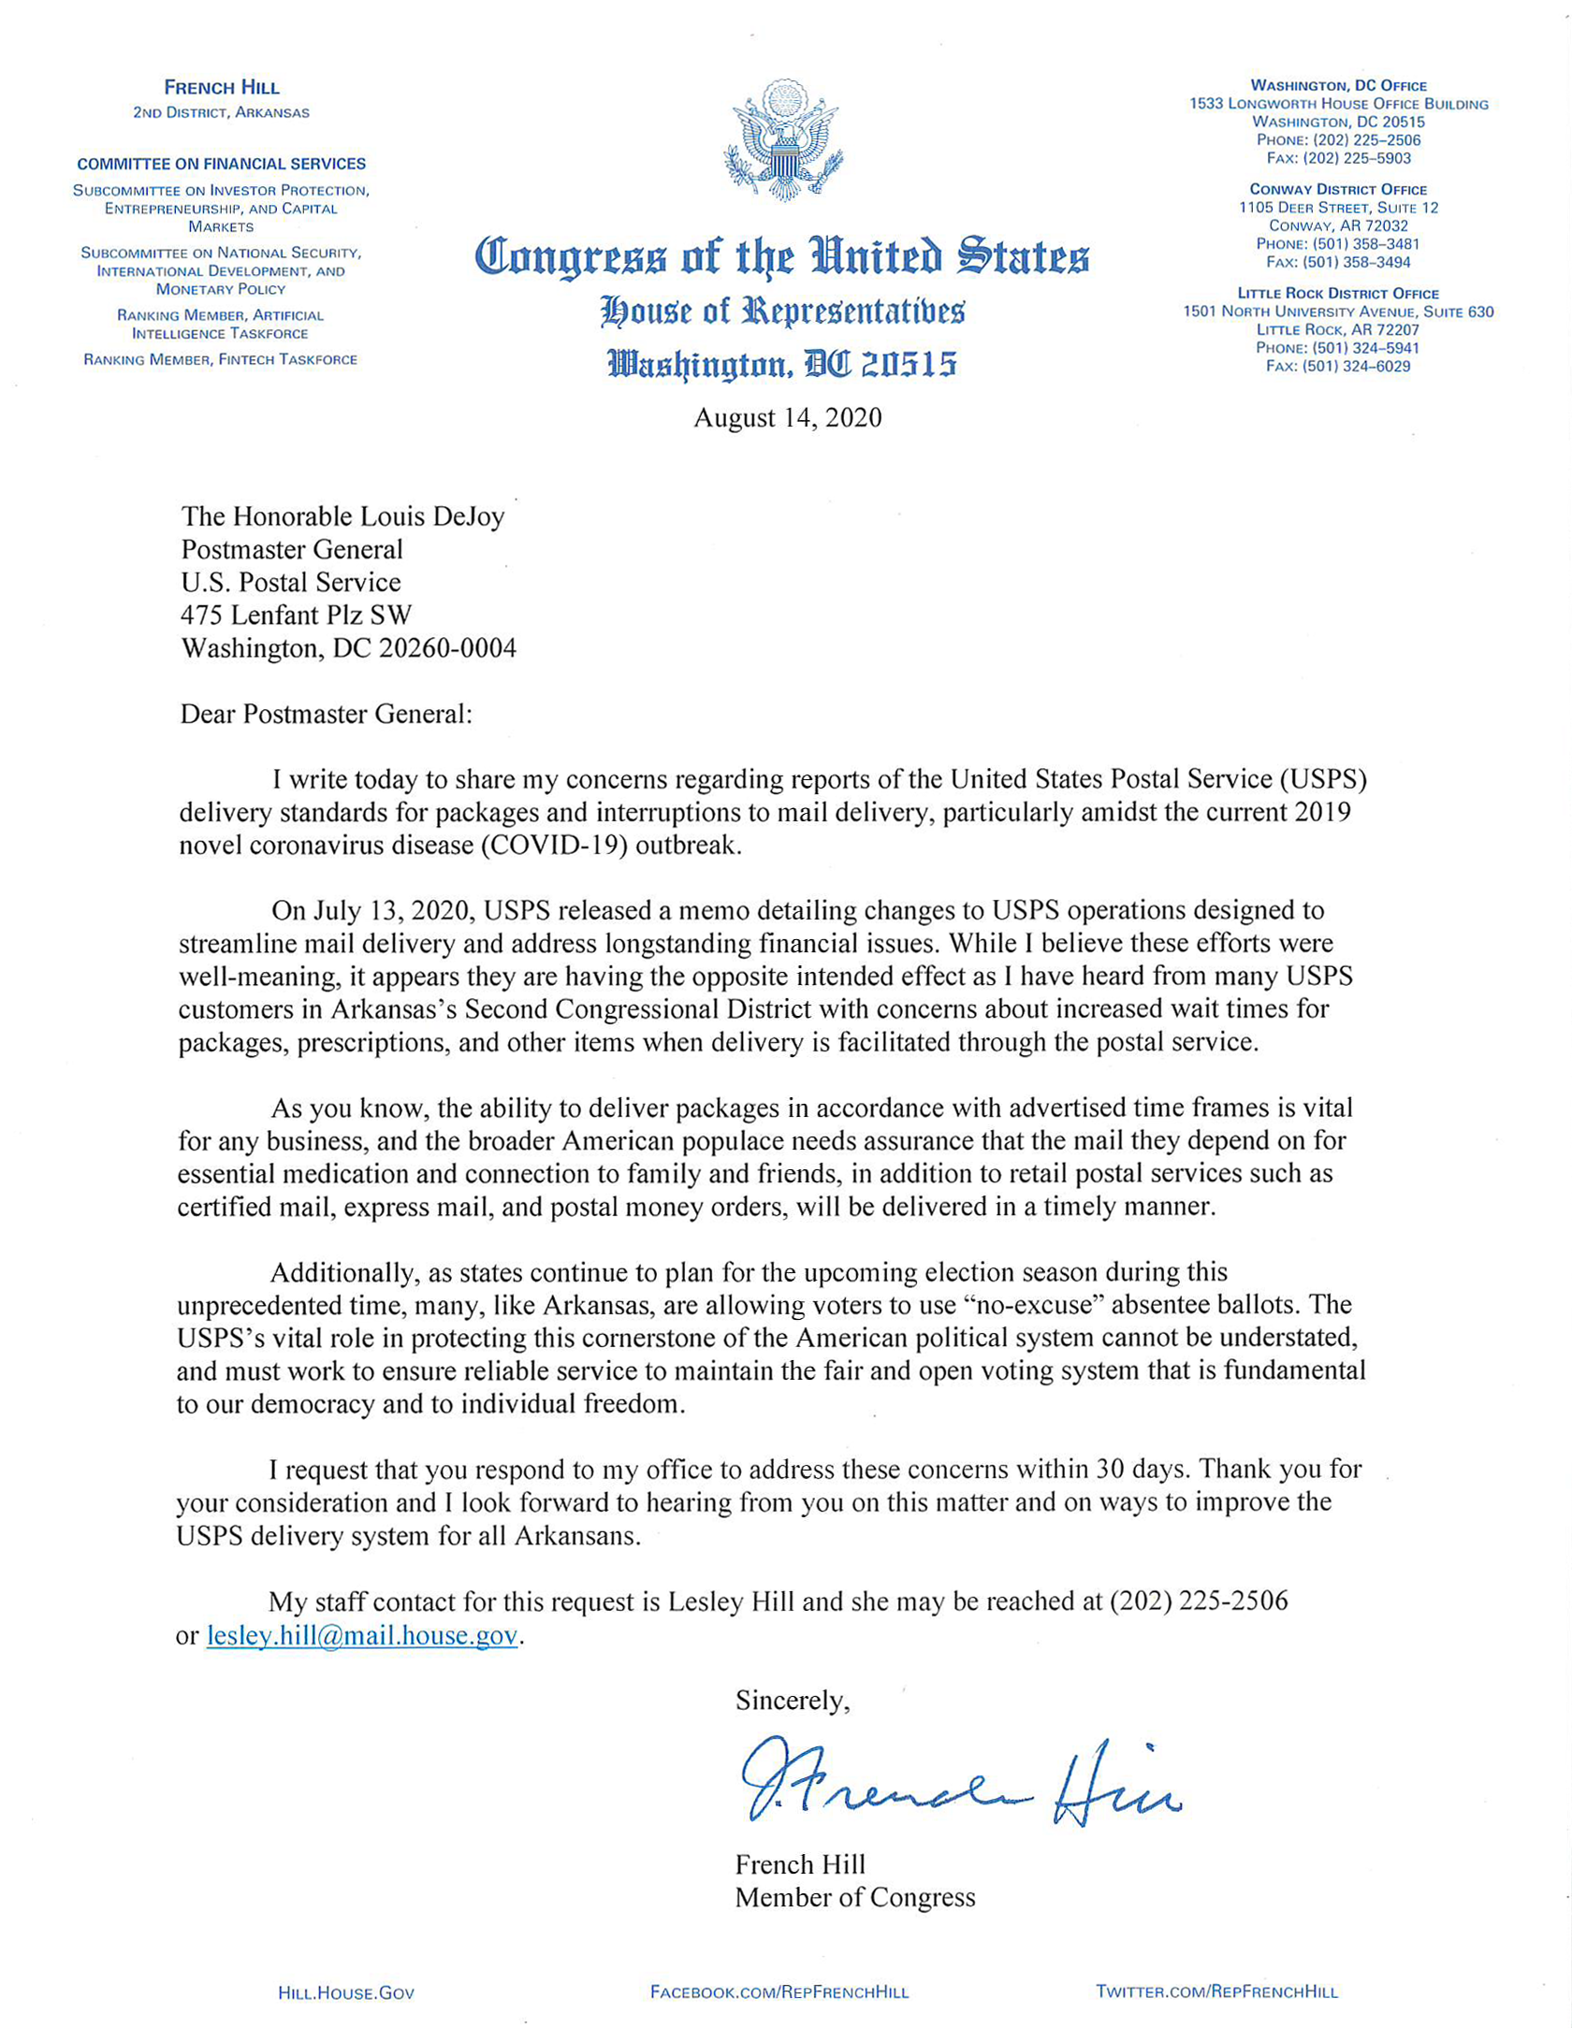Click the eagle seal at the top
coord(784,140)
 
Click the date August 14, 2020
coord(787,417)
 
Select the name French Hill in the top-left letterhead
coord(222,88)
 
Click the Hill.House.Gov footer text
coord(346,1992)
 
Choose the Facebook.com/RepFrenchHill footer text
coord(779,1992)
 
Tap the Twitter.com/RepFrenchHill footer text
coord(1216,1992)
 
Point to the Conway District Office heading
coord(1338,189)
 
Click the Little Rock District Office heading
coord(1338,294)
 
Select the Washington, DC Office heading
coord(1338,86)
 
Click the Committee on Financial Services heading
coord(222,164)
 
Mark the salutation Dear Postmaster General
coord(327,714)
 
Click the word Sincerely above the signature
coord(793,1700)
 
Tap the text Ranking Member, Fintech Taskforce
coord(221,359)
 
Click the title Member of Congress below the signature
coord(855,1897)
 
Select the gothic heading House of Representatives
coord(782,311)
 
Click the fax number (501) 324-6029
coord(1356,366)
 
